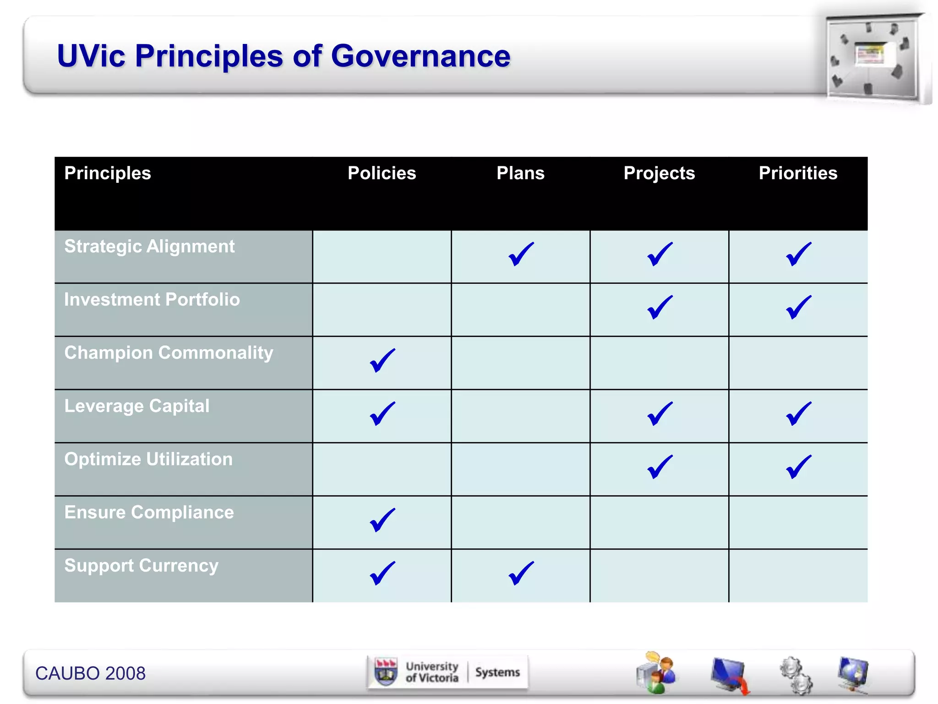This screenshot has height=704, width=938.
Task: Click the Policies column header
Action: point(382,173)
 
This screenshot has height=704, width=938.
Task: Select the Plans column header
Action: point(520,173)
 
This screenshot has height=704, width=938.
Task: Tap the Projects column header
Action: point(659,173)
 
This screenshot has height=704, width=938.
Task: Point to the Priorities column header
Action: point(798,173)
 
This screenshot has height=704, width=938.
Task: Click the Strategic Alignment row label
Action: point(149,247)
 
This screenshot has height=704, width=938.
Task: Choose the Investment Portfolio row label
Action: point(152,300)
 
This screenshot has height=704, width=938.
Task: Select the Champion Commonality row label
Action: point(169,353)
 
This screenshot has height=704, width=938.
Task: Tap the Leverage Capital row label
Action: point(136,406)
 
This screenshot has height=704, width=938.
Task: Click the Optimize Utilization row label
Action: point(148,459)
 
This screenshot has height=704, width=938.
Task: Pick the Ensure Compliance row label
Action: point(149,512)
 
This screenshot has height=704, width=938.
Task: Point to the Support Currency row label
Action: point(141,566)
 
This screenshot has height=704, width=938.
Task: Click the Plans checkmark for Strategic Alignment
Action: point(521,254)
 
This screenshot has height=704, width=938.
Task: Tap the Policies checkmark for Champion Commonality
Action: point(382,360)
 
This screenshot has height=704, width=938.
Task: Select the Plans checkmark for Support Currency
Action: point(521,573)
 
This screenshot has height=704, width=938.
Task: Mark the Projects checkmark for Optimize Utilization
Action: point(660,467)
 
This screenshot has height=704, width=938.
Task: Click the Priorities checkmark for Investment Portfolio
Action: point(798,307)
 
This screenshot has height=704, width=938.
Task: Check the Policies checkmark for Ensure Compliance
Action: point(382,520)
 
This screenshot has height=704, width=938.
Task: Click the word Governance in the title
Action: point(420,56)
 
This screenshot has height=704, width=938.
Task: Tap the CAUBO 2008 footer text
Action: point(90,673)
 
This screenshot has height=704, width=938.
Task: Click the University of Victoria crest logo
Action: point(386,672)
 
